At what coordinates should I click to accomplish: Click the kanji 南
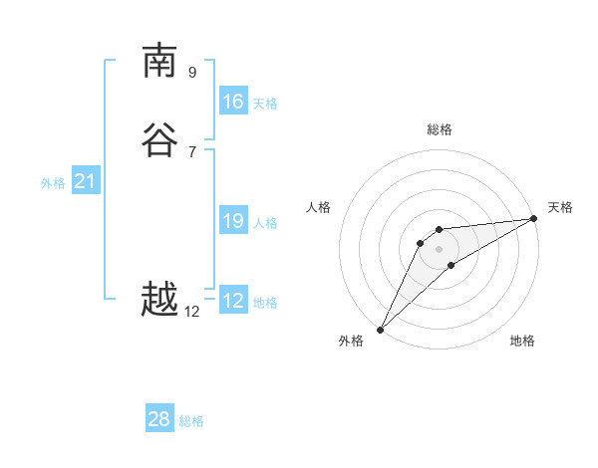click(159, 61)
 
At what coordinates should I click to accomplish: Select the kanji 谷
click(159, 141)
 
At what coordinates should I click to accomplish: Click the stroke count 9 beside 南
click(192, 72)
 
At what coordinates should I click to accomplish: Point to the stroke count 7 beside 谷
click(192, 151)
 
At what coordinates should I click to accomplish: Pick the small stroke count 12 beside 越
click(192, 312)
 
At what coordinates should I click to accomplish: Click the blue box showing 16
click(233, 102)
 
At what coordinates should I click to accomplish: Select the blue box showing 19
click(233, 221)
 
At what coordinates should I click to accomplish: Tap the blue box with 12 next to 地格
click(233, 301)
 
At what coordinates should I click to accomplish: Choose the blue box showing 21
click(85, 181)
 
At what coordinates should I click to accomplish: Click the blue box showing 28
click(159, 419)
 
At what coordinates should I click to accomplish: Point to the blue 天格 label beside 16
click(265, 104)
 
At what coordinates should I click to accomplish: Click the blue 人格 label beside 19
click(265, 223)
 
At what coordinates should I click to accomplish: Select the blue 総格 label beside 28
click(191, 421)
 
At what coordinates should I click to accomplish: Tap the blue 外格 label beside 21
click(53, 183)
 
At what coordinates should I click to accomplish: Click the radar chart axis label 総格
click(440, 129)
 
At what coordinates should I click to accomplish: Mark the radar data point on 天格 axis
click(534, 219)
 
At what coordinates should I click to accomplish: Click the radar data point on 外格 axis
click(380, 330)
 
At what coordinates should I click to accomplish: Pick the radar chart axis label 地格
click(522, 342)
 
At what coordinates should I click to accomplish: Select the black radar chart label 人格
click(319, 207)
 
